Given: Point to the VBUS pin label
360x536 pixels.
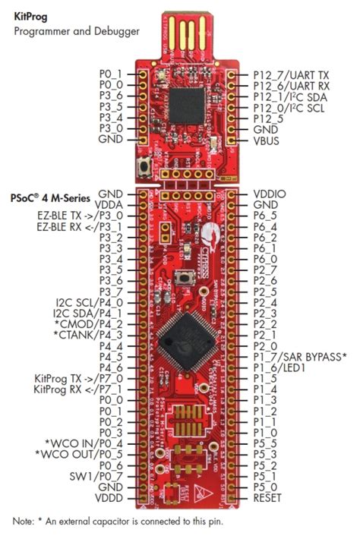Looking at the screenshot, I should pyautogui.click(x=267, y=140).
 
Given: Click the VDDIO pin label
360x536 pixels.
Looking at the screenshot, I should pyautogui.click(x=270, y=194).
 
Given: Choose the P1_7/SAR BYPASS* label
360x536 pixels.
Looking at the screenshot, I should pyautogui.click(x=299, y=357).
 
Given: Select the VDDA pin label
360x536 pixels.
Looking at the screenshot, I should pyautogui.click(x=109, y=205).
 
